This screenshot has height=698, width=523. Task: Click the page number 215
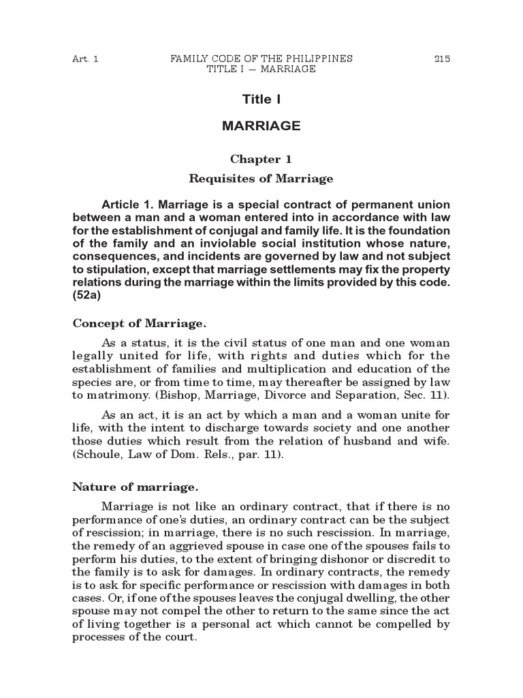tap(442, 59)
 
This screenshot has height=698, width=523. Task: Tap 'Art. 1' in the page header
tap(85, 59)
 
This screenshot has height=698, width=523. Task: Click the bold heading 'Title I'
tap(261, 100)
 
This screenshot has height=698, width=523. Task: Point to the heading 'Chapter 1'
tap(261, 160)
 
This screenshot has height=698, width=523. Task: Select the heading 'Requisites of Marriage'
tap(261, 179)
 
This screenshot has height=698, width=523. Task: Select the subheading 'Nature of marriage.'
tap(135, 487)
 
